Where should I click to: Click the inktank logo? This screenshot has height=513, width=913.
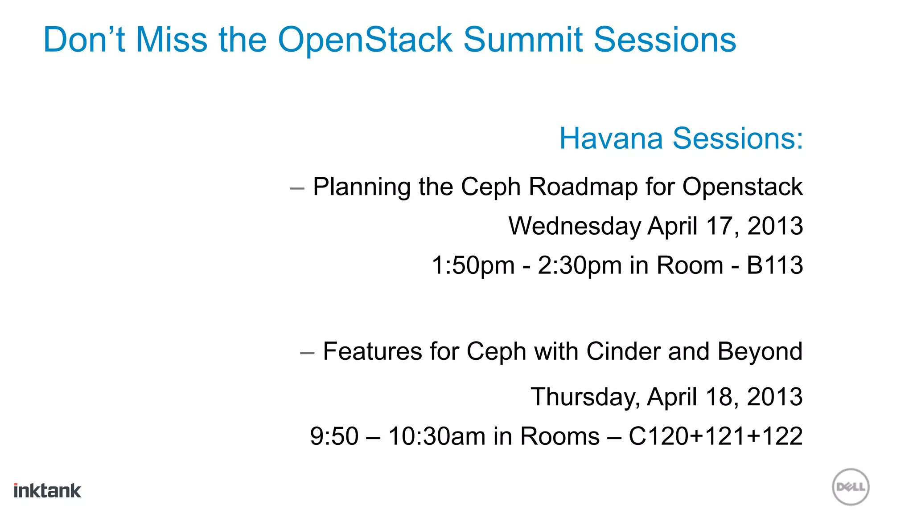[47, 490]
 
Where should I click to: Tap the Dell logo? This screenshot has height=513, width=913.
[851, 487]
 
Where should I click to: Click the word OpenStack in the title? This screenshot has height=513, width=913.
[365, 40]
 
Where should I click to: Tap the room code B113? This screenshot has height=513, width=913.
[775, 265]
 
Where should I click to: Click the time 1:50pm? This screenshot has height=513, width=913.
[473, 265]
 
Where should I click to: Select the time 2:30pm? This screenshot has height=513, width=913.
[580, 265]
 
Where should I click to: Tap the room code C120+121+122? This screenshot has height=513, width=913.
[716, 436]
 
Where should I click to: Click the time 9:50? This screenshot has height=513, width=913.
[334, 436]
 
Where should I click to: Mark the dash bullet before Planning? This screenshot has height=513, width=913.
[297, 189]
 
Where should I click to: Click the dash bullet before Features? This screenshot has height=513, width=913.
[307, 354]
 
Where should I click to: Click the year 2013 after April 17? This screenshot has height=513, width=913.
[775, 226]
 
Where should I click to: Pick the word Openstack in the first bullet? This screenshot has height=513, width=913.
[742, 187]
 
